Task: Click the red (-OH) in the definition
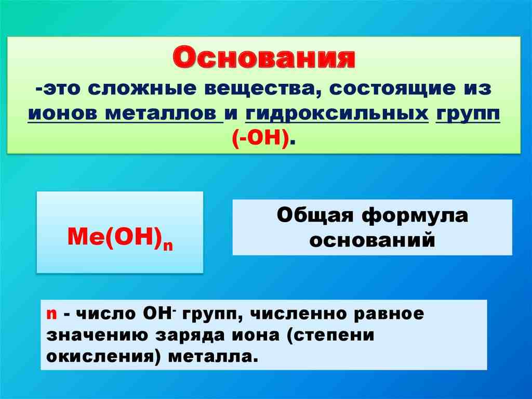tap(259, 138)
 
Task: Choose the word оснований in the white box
tap(372, 240)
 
